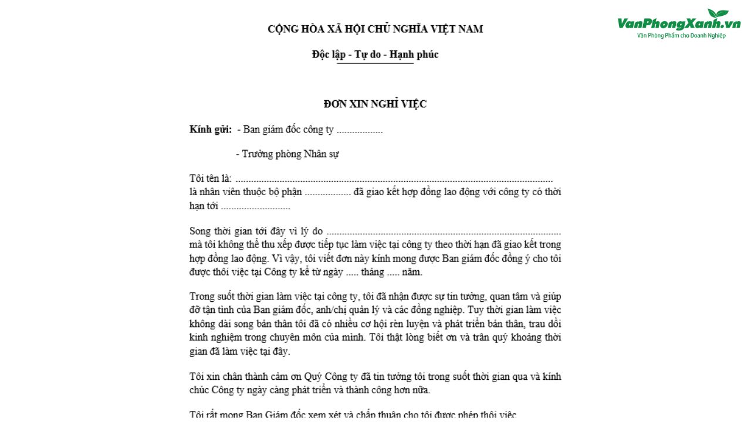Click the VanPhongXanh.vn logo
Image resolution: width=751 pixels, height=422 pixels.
[679, 23]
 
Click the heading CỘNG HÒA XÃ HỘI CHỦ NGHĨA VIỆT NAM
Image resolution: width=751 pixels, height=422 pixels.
[375, 29]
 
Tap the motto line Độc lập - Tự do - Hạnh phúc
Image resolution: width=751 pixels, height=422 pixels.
[375, 55]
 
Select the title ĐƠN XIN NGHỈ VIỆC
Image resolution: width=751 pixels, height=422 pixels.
[375, 104]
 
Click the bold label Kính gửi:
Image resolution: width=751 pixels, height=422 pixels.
[211, 130]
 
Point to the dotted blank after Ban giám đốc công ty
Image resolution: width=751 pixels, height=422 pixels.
[360, 130]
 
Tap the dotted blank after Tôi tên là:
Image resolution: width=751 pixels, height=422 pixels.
[394, 179]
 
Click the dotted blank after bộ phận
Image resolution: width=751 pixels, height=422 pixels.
[328, 192]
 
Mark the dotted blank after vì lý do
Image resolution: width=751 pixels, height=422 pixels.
[444, 232]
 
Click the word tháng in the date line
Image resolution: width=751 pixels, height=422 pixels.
[373, 272]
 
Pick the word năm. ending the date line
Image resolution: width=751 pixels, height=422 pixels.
[412, 272]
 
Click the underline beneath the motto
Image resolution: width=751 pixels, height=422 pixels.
[375, 63]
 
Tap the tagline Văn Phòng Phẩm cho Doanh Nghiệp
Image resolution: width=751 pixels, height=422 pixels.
[681, 36]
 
